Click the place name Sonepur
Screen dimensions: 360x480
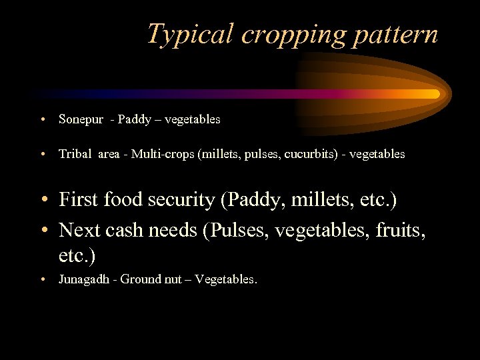click(x=81, y=120)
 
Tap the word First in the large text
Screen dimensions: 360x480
click(x=79, y=199)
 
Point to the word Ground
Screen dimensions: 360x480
click(x=139, y=280)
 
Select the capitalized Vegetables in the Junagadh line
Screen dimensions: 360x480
click(x=226, y=280)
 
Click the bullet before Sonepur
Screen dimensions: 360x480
click(x=42, y=121)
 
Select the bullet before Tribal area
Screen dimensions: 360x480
click(x=42, y=155)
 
